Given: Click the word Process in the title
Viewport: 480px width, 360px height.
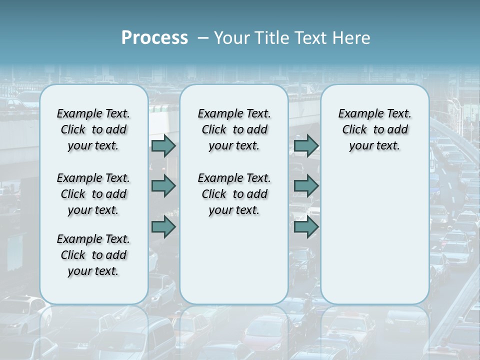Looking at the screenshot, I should (154, 38).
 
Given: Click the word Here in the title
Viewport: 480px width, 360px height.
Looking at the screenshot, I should (351, 38).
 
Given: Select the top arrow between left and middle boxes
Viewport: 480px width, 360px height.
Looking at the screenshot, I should (163, 145).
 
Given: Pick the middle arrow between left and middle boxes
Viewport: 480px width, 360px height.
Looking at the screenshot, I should (163, 186).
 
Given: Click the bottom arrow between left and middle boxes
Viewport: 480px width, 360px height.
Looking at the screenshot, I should (163, 227).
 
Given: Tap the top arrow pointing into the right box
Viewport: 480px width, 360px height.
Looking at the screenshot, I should (306, 145).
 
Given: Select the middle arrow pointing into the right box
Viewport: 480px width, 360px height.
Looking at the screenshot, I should (306, 186).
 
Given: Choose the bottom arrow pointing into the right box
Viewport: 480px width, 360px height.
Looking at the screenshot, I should (306, 227).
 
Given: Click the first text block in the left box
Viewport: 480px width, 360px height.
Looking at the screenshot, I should (93, 129).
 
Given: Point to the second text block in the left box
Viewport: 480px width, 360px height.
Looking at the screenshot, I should (93, 194).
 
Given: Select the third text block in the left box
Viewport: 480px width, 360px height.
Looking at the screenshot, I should (93, 255).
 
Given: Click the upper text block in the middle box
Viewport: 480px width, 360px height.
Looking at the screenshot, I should (234, 129).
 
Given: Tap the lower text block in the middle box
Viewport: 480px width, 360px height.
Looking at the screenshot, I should (234, 194).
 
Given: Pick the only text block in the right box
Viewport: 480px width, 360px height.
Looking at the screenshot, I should (374, 129).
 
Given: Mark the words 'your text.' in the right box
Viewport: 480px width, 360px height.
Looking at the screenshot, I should (374, 145).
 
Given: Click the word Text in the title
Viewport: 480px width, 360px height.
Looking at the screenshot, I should (311, 38).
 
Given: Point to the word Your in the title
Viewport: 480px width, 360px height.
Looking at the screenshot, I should (229, 38).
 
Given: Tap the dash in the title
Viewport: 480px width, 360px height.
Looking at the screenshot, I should (203, 38).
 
